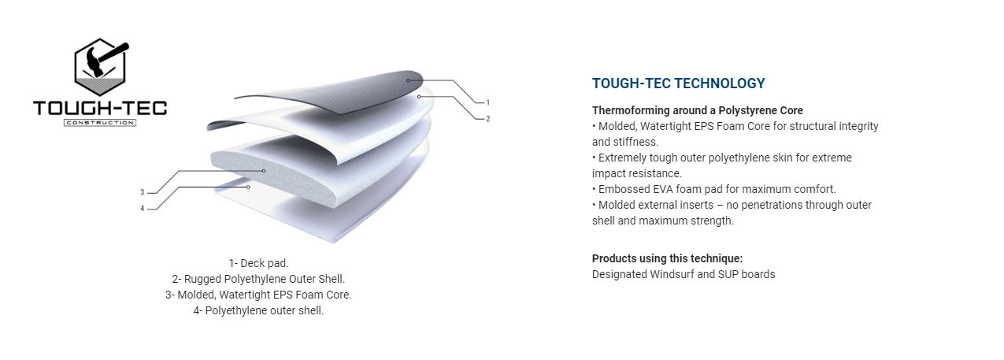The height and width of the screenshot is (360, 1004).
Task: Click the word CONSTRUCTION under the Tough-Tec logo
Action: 99,123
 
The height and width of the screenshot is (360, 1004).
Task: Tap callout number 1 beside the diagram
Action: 488,102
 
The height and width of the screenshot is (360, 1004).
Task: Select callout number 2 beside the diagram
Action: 488,119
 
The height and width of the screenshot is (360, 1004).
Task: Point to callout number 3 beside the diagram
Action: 143,192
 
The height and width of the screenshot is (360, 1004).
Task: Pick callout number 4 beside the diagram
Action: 143,209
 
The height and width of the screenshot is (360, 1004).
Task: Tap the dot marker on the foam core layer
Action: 264,171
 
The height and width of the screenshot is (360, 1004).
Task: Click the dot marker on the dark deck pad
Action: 409,80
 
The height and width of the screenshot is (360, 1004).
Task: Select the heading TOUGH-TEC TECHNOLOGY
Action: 678,84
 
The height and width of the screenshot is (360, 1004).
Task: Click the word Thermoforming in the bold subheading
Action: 631,110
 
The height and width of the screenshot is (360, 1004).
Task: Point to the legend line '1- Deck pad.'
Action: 258,263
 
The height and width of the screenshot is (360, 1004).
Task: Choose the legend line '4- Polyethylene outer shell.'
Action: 258,310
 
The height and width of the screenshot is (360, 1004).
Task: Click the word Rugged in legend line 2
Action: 202,280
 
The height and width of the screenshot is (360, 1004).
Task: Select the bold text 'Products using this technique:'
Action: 668,258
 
